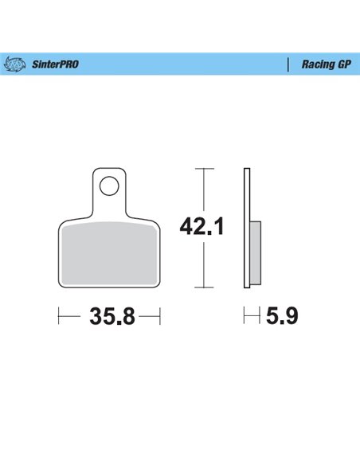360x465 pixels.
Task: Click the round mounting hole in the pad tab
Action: (110, 187)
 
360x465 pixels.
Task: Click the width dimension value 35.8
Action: (110, 318)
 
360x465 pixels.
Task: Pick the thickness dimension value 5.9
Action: (283, 318)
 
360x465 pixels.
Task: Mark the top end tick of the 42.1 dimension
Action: (205, 170)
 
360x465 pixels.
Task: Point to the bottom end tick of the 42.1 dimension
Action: (205, 285)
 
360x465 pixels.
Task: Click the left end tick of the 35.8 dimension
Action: (59, 318)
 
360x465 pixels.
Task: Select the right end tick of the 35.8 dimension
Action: (160, 318)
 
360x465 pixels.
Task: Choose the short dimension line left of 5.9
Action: (252, 318)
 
